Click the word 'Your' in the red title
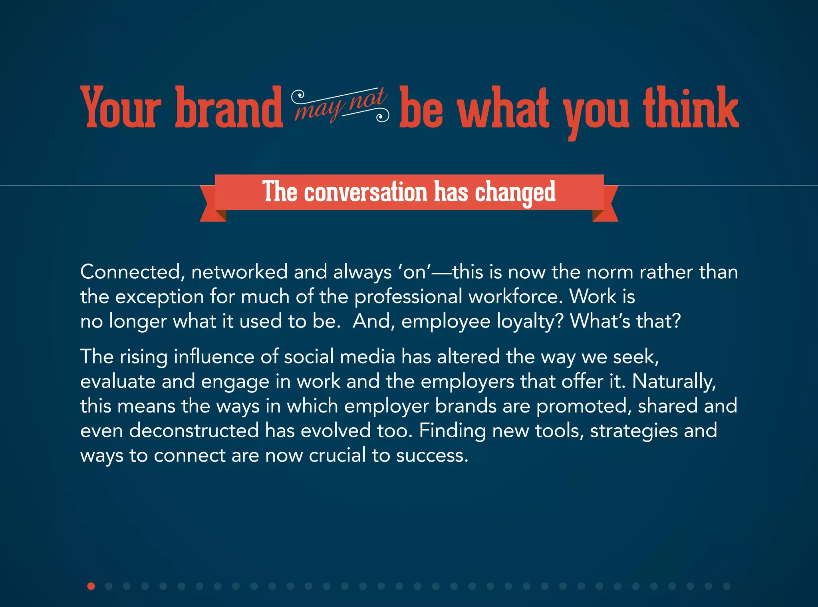(x=121, y=108)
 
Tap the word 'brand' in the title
(x=229, y=108)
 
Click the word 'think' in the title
(x=691, y=108)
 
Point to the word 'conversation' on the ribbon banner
(x=366, y=192)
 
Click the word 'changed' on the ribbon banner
(x=515, y=193)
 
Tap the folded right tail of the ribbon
(x=606, y=208)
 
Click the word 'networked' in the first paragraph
(x=239, y=272)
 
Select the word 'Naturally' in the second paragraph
(x=674, y=382)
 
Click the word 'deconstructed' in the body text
(x=194, y=431)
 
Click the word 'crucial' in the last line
(x=337, y=456)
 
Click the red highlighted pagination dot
(x=91, y=586)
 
